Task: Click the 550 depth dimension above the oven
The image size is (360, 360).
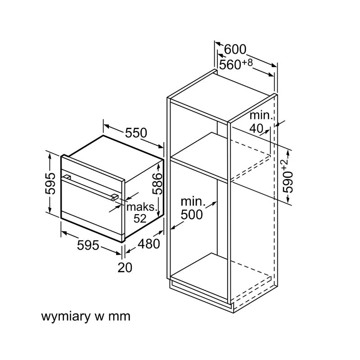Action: [x=136, y=133]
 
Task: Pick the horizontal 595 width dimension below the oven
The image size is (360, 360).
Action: [x=88, y=245]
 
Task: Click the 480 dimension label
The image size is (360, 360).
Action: [x=148, y=244]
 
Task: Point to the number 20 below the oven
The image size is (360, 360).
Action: [x=125, y=267]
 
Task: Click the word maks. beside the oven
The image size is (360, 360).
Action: [x=143, y=207]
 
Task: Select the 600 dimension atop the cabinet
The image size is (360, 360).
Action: [x=235, y=49]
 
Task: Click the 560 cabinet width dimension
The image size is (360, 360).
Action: [x=230, y=65]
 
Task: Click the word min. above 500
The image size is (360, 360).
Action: [x=193, y=202]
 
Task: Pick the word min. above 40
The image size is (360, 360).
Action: [x=261, y=115]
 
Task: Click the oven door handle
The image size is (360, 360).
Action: [x=90, y=187]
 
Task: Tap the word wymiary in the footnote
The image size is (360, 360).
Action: [x=66, y=316]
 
